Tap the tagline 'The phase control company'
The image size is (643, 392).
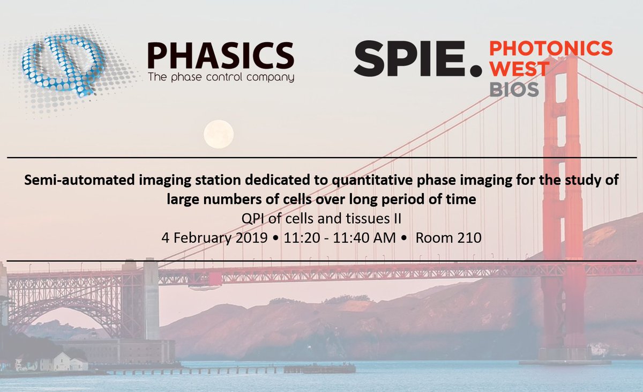(x=220, y=77)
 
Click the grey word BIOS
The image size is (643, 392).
(x=514, y=90)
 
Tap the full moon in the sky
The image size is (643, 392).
(x=219, y=134)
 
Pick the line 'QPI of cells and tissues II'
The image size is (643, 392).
(x=322, y=219)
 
